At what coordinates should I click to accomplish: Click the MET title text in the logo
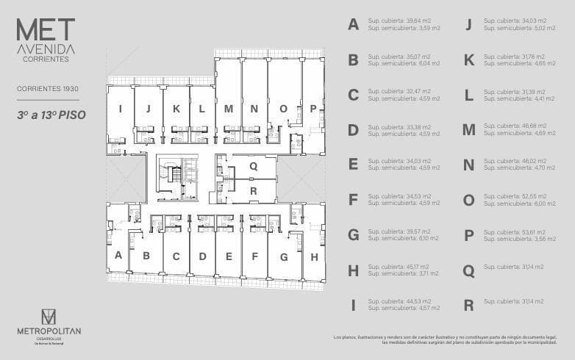(x=46, y=29)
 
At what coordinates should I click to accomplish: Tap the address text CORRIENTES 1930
(x=48, y=88)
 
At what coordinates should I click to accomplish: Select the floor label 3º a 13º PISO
(x=48, y=115)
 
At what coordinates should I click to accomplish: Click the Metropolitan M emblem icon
(x=49, y=317)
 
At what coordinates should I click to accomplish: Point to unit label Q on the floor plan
(x=253, y=166)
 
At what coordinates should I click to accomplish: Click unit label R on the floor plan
(x=253, y=191)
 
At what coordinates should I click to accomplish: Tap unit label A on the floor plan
(x=118, y=255)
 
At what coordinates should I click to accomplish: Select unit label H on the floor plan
(x=314, y=256)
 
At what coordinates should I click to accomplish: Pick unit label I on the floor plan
(x=120, y=109)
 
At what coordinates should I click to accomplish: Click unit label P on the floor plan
(x=313, y=109)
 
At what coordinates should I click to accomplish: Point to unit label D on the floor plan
(x=202, y=256)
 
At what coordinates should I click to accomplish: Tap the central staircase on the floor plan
(x=175, y=176)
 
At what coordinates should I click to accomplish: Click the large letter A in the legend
(x=354, y=25)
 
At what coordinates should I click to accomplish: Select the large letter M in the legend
(x=468, y=130)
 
